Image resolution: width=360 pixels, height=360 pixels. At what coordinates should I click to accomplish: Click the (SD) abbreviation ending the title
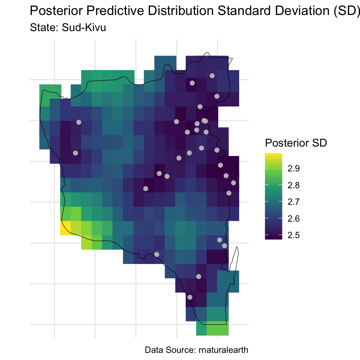point(343,11)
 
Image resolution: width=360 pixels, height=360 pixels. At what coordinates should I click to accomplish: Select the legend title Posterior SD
point(295,143)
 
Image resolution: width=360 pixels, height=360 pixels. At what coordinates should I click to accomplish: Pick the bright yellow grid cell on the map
point(66,228)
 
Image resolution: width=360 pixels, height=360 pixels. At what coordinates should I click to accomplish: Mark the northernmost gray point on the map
point(212,75)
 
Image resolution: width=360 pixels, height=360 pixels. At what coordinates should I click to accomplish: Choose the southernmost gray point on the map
point(190,297)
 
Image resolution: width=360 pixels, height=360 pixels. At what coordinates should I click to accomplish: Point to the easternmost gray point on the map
point(233,183)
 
